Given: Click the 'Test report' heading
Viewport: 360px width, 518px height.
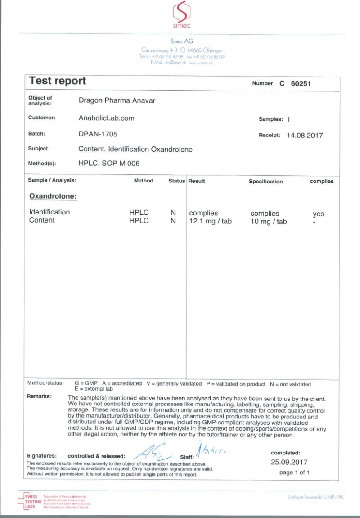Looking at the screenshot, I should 57,81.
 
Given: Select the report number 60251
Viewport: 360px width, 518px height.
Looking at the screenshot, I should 301,83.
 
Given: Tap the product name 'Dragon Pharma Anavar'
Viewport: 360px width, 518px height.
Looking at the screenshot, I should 117,100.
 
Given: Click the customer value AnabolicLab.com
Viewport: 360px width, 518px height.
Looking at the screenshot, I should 106,118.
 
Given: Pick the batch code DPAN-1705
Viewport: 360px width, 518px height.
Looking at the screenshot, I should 98,134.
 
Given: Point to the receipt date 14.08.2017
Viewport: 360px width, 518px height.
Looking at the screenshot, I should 305,135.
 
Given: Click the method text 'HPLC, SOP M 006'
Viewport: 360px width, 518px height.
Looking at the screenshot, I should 109,164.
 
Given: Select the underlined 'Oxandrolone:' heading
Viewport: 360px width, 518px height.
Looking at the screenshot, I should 53,196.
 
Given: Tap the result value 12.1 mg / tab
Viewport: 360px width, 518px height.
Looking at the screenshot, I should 211,221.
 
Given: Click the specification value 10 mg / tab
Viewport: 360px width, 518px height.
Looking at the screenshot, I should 269,222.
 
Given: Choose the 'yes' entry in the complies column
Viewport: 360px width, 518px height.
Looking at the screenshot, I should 319,214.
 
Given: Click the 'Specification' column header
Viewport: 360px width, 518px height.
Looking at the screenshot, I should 265,182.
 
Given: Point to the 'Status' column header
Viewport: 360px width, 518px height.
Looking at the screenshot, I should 176,181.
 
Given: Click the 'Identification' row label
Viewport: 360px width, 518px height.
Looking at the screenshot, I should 49,212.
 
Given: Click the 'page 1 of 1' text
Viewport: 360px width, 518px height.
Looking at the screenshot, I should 294,473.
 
